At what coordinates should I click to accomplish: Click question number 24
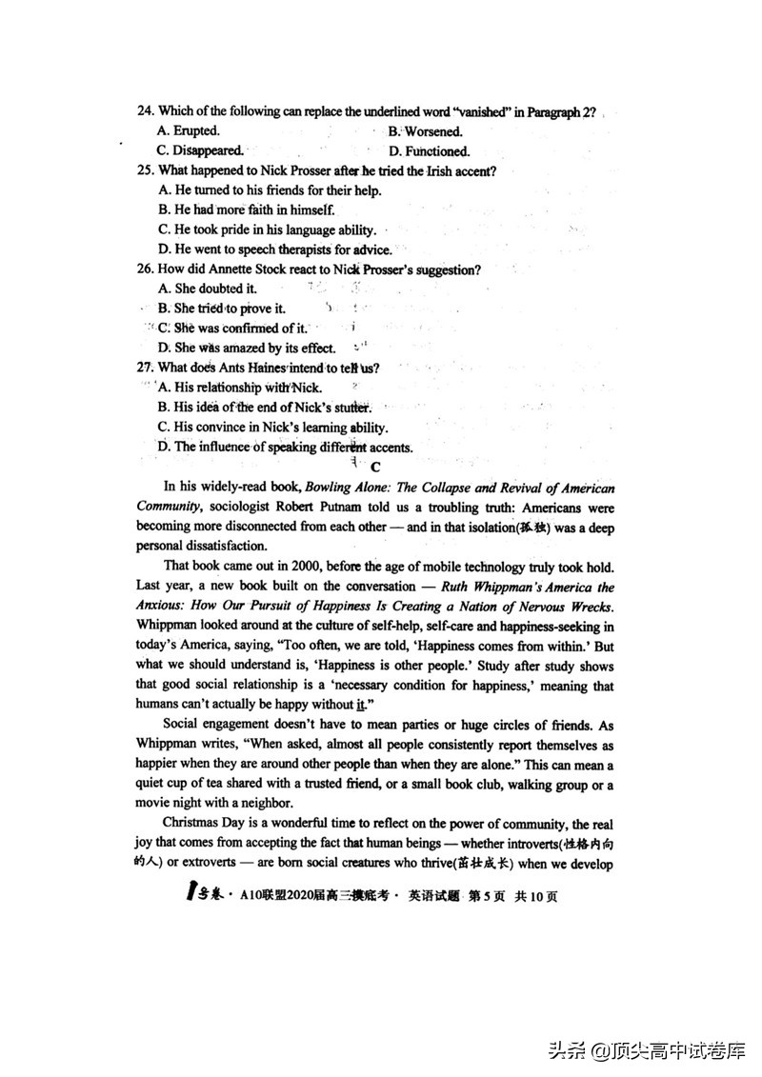146,112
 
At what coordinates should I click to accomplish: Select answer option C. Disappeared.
200,150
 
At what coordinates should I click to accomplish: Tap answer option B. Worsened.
425,131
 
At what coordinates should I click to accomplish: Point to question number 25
146,170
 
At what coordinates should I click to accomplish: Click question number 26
146,269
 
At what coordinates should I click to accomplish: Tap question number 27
146,368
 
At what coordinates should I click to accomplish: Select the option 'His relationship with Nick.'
240,388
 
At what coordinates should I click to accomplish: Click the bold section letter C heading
375,467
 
